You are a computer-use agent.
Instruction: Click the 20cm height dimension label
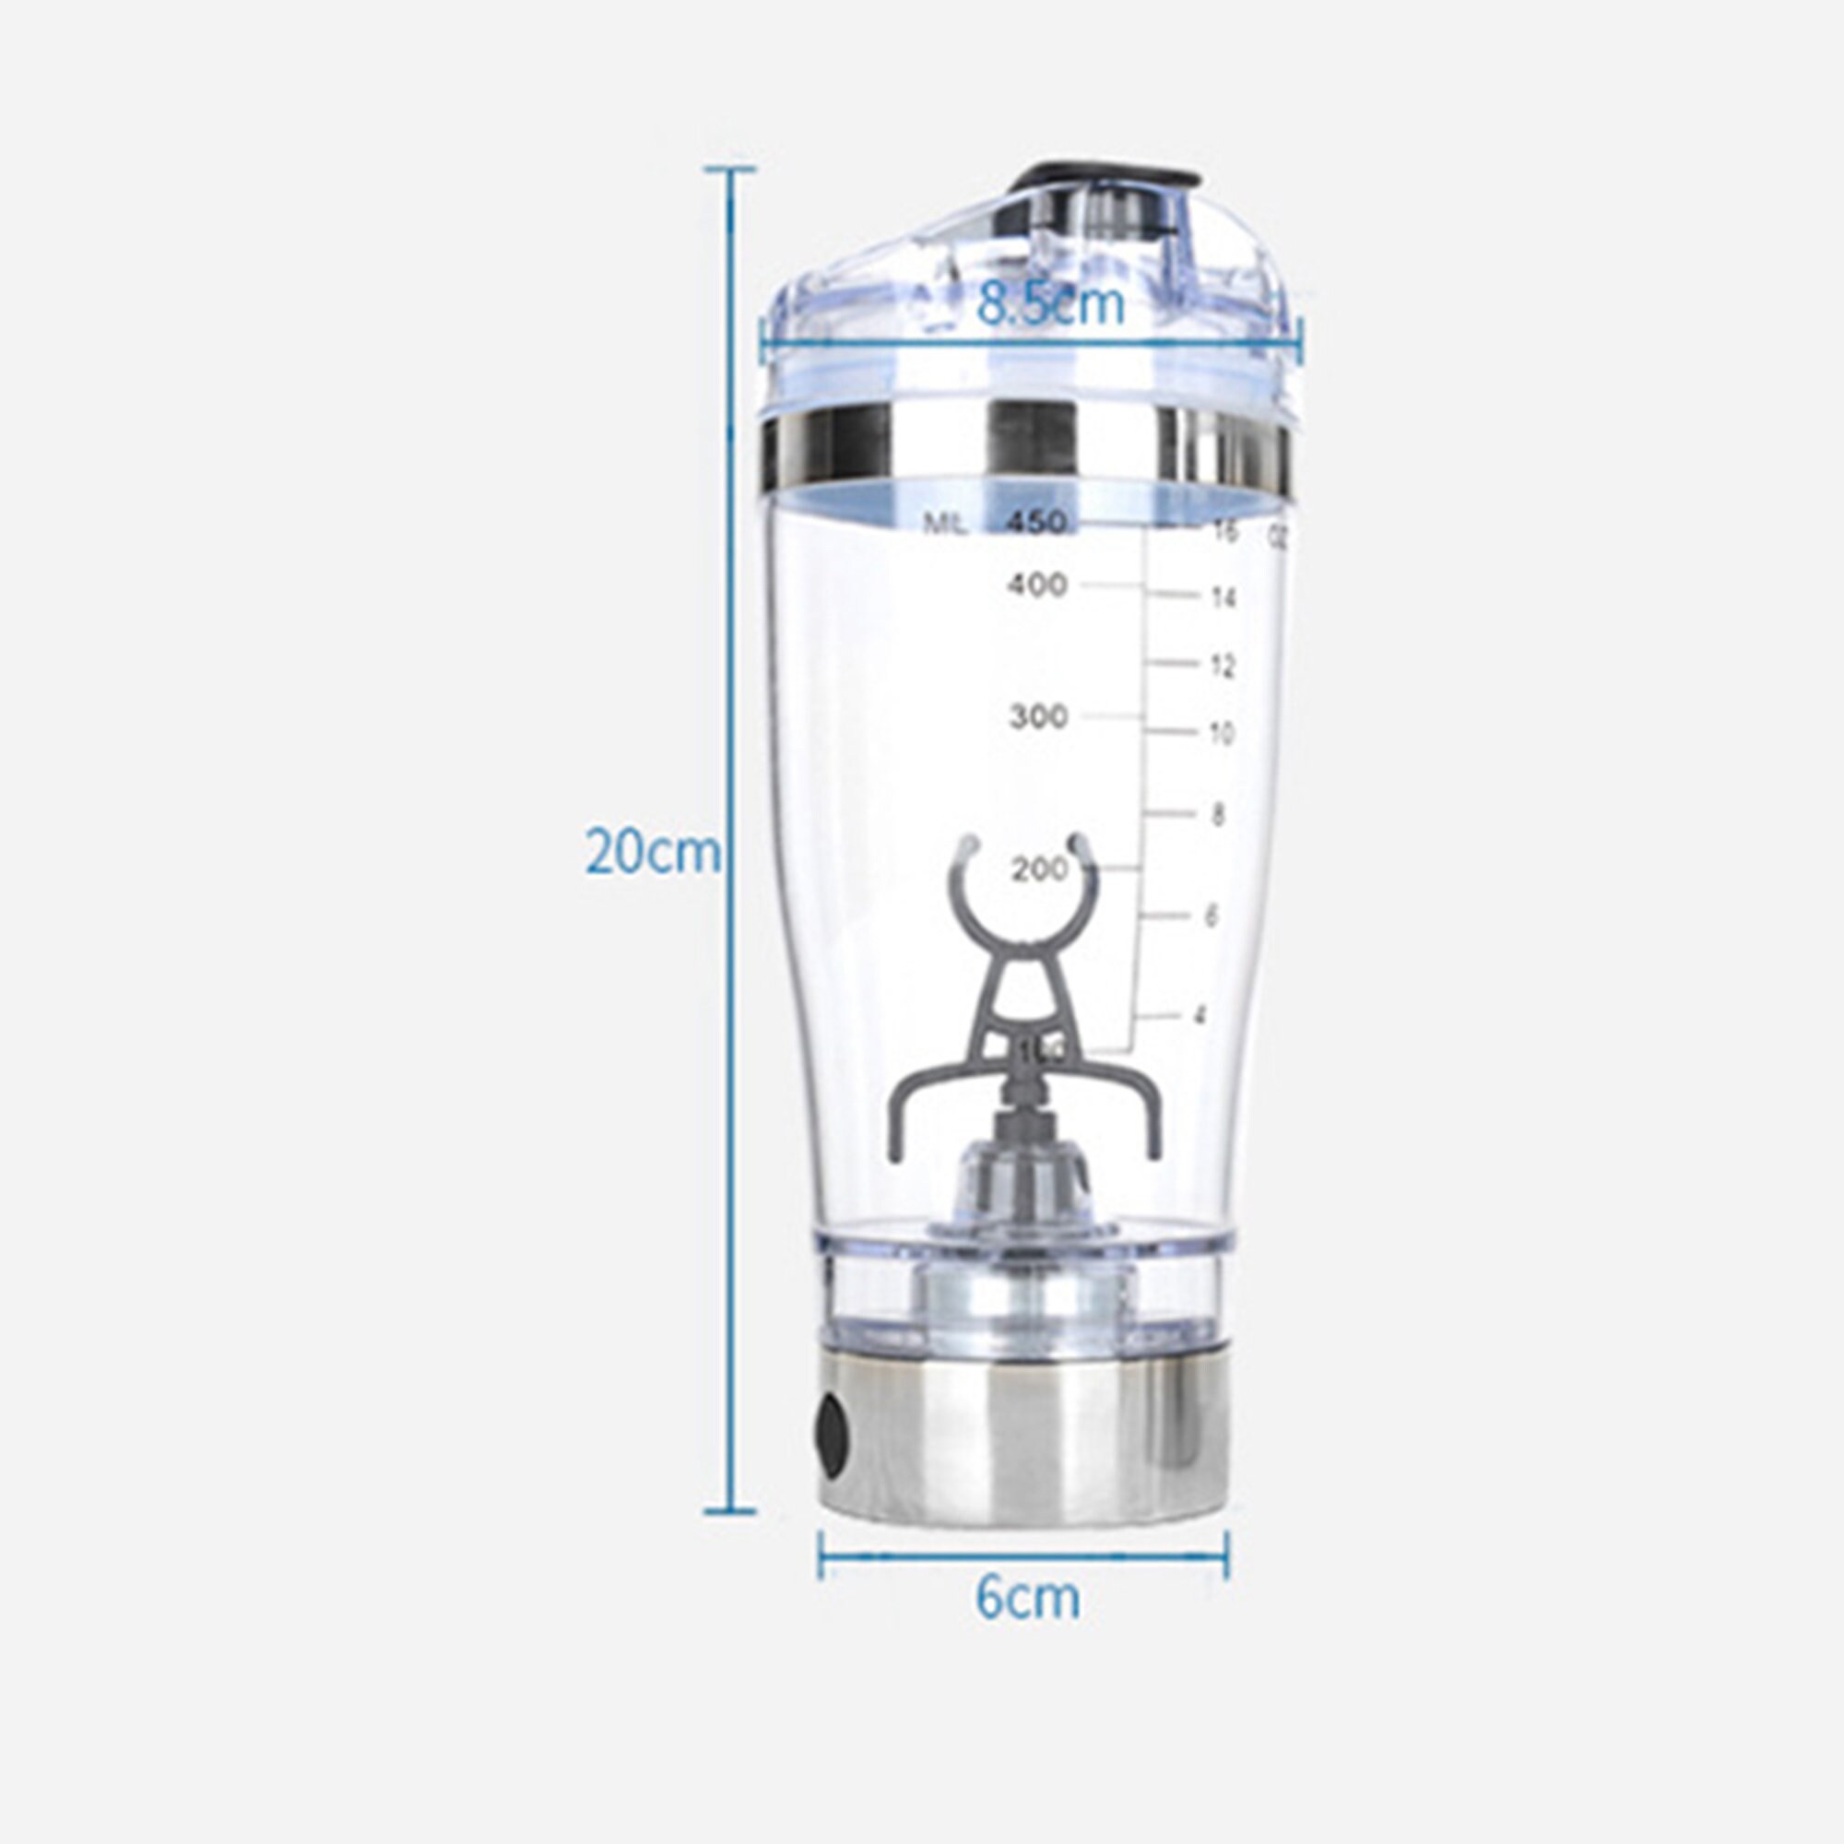tap(652, 852)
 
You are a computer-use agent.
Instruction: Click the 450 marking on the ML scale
tap(1036, 523)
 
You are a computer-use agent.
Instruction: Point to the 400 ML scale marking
tap(1036, 585)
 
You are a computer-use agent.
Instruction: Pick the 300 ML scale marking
tap(1038, 715)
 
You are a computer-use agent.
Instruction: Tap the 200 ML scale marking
tap(1040, 869)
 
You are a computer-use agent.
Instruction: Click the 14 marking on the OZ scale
tap(1223, 598)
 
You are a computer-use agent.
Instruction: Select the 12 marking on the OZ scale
tap(1223, 667)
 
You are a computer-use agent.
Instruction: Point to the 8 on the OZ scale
tap(1217, 816)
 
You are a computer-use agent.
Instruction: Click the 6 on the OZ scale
tap(1212, 916)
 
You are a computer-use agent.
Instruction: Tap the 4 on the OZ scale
tap(1200, 1015)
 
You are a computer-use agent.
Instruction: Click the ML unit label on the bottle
tap(945, 523)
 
